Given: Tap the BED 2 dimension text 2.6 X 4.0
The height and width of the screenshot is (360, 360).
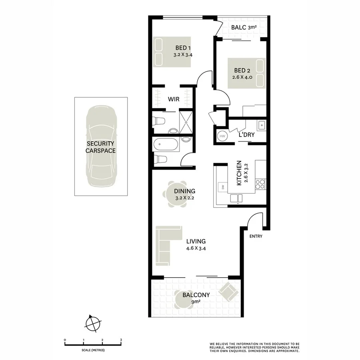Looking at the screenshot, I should tap(243, 78).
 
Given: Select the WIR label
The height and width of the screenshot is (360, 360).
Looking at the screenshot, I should tap(173, 99).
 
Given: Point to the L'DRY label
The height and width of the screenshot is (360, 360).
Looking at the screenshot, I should tap(246, 135).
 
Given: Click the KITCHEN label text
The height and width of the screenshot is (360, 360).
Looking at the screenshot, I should tap(239, 173).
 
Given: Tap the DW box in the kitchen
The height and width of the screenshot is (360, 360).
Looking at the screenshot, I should tap(221, 187).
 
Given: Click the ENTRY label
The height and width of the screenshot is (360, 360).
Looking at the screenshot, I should tap(256, 236).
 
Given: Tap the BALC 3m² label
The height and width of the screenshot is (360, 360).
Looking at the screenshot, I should tap(244, 28).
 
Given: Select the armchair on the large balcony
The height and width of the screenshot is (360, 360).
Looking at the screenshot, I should tap(228, 292).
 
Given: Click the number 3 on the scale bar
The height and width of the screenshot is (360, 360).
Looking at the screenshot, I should tap(121, 340).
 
